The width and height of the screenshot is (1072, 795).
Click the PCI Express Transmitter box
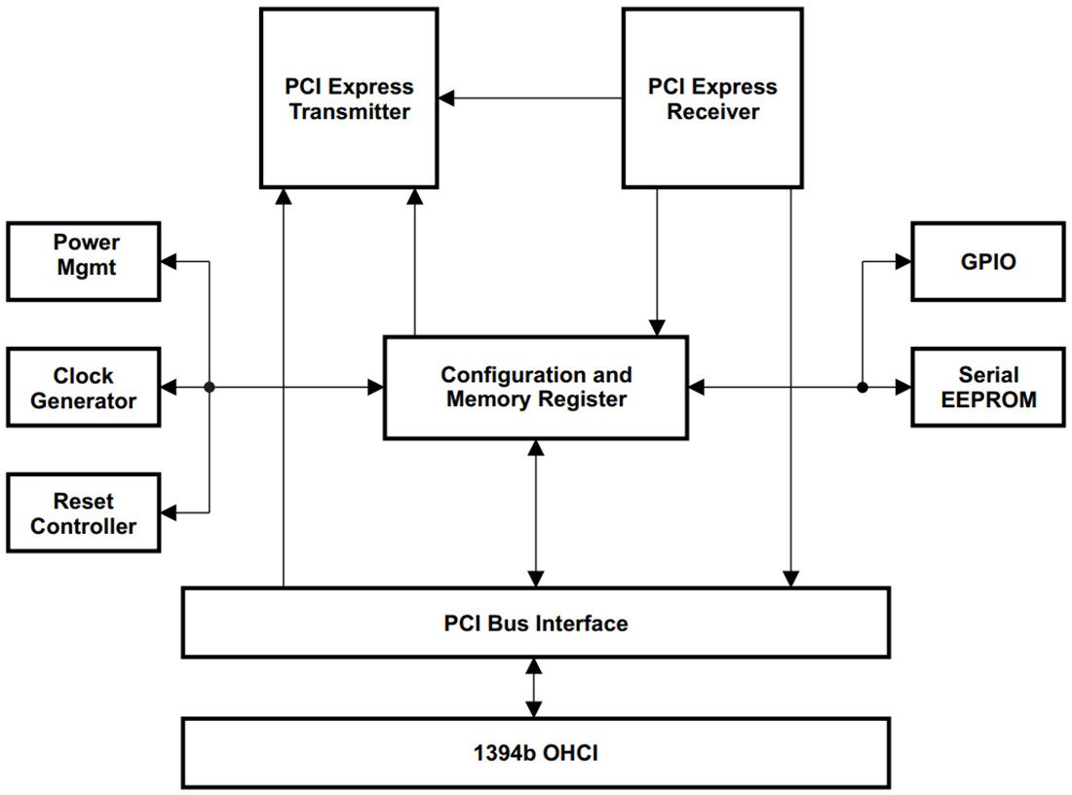(349, 97)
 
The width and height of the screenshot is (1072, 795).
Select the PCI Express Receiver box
(712, 97)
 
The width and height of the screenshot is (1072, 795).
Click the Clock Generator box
(84, 388)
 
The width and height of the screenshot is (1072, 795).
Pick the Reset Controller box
(84, 512)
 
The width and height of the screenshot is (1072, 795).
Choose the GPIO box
(987, 261)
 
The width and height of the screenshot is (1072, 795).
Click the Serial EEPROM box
(987, 388)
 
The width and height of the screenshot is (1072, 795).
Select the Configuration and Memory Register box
(536, 387)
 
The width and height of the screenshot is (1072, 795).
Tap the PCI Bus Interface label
(535, 623)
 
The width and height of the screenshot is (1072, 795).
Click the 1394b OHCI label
(535, 752)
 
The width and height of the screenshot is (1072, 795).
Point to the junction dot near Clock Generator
(209, 388)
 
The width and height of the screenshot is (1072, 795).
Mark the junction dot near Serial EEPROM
(862, 388)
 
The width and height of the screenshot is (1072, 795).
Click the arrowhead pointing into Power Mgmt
(169, 261)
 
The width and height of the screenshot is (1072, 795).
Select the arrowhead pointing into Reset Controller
(169, 511)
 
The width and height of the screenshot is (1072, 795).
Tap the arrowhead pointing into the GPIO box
(902, 261)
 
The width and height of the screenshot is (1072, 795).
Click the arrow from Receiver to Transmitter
(531, 97)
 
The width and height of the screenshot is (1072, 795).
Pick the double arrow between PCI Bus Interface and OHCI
(533, 688)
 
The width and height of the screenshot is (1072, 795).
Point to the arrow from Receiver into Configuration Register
(658, 263)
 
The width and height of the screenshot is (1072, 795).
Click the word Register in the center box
(585, 399)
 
